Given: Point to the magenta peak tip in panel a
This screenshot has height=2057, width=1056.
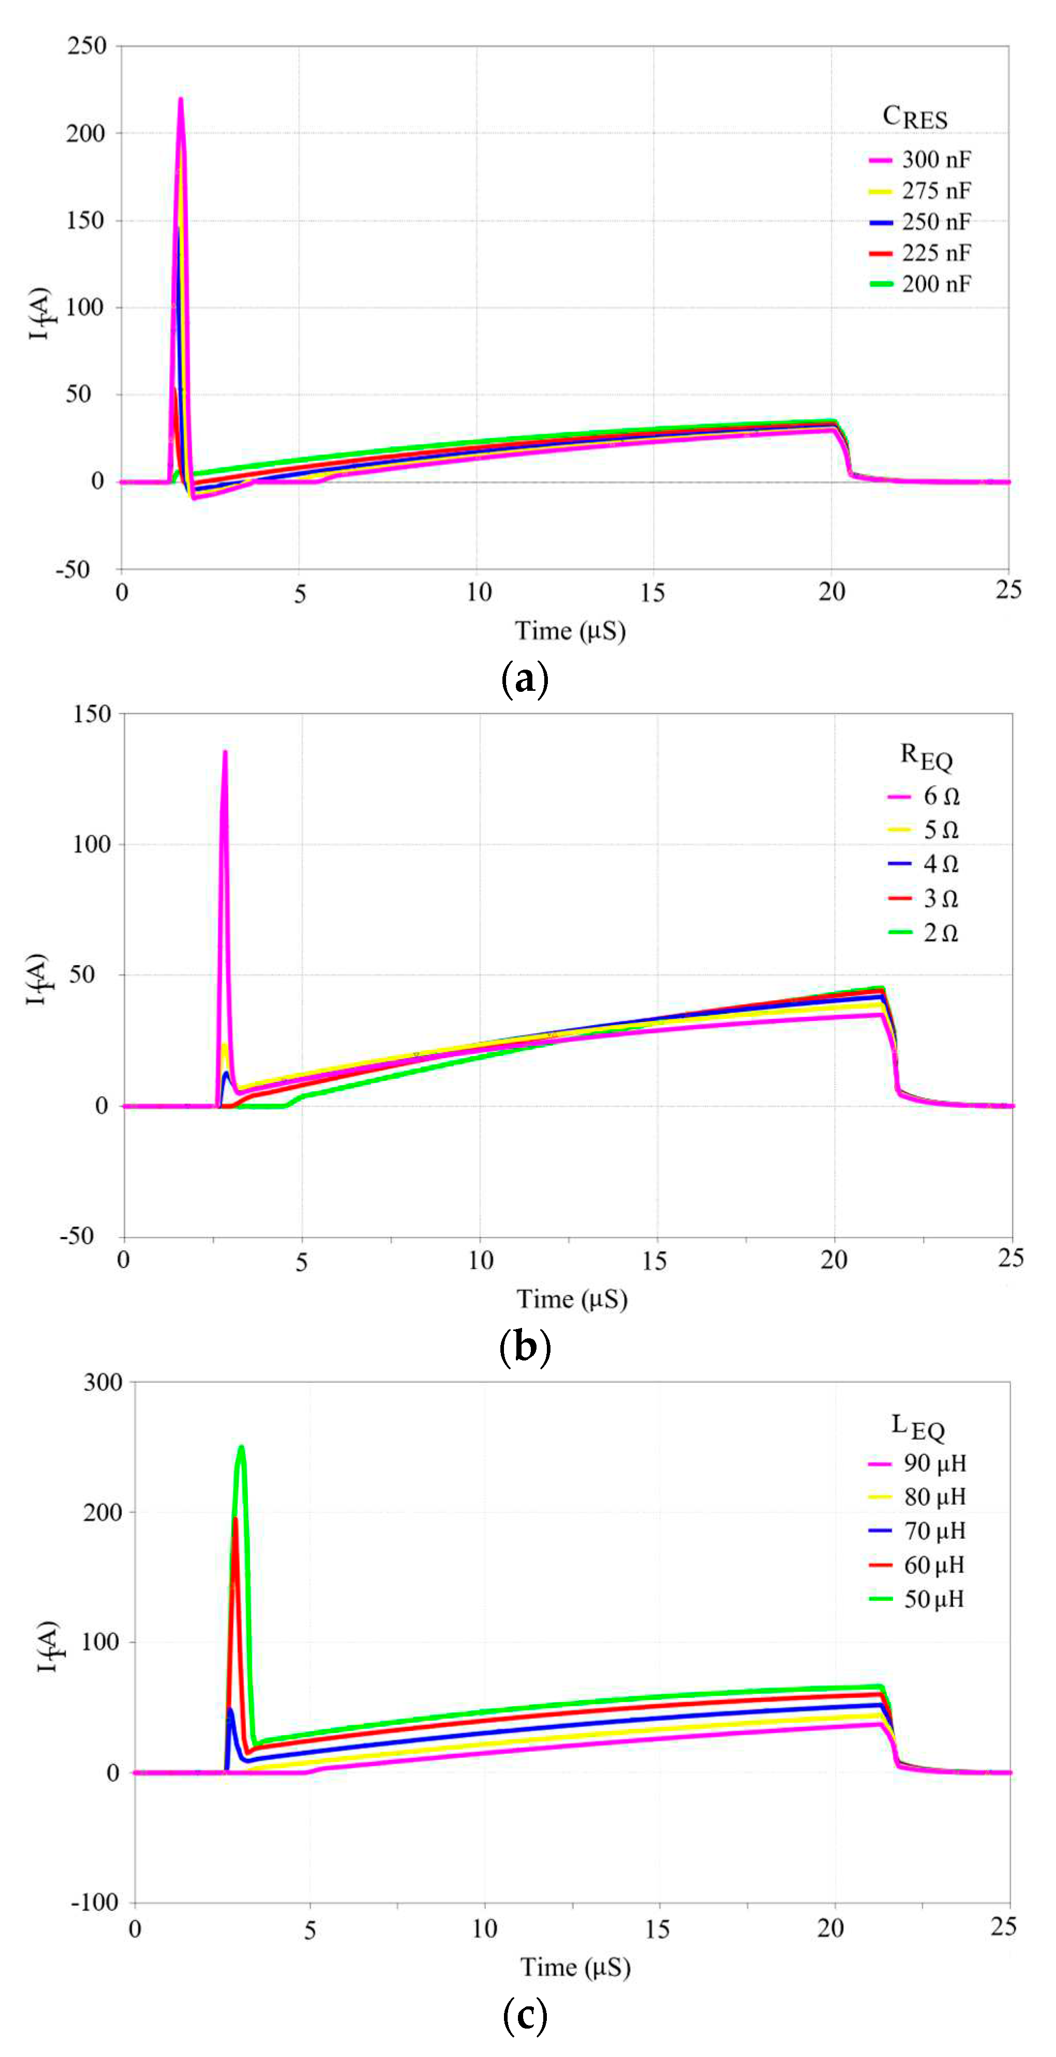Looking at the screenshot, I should (180, 100).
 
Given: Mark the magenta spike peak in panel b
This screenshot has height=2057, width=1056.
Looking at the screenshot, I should (225, 752).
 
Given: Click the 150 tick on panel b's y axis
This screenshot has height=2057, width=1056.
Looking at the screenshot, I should (92, 714).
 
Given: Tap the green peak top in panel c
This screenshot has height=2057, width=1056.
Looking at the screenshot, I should (241, 1447).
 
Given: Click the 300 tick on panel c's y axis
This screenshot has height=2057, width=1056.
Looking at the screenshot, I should (103, 1382).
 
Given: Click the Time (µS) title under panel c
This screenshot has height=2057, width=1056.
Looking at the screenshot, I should (575, 1967).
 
